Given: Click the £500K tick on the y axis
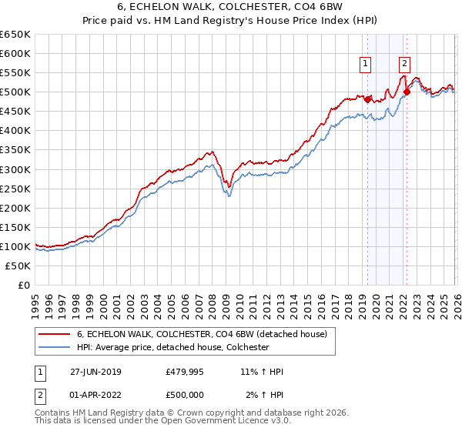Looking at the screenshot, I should (15, 92).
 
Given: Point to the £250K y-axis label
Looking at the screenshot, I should (15, 189).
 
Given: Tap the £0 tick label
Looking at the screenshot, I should (23, 285).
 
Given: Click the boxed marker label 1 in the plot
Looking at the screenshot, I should (365, 65).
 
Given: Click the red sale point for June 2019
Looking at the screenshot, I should (367, 99).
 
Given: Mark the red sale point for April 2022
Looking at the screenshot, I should (406, 92).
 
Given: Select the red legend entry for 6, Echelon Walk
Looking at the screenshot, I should (202, 334).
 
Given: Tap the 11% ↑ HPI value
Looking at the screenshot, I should (262, 372).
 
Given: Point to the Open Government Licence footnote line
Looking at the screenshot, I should (163, 421).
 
